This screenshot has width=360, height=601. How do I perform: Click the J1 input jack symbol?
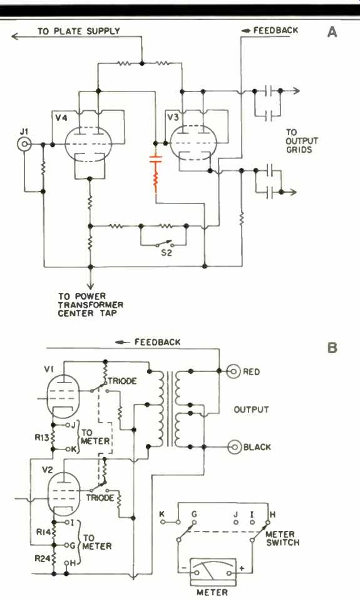tap(24, 144)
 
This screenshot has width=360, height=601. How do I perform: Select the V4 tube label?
tap(61, 117)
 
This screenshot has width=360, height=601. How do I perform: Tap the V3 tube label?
tap(173, 117)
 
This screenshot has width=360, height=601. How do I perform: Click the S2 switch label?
tap(167, 253)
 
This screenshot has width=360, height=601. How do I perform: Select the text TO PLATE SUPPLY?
tap(79, 31)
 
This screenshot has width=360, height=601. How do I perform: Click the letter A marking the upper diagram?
tap(332, 32)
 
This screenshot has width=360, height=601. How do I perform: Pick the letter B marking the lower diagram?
tap(332, 347)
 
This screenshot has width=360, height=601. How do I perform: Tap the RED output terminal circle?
tap(233, 371)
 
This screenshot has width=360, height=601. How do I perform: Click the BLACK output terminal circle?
tap(234, 447)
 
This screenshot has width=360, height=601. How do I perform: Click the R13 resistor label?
tap(42, 437)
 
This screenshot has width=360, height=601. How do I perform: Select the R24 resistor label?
tap(42, 559)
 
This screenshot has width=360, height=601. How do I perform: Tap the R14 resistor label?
tap(43, 532)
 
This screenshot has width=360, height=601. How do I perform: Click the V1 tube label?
tap(48, 369)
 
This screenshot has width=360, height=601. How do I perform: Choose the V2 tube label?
tap(47, 469)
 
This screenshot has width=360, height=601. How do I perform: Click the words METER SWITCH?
tap(282, 538)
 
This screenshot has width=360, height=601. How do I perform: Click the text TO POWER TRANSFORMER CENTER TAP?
tap(91, 305)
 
